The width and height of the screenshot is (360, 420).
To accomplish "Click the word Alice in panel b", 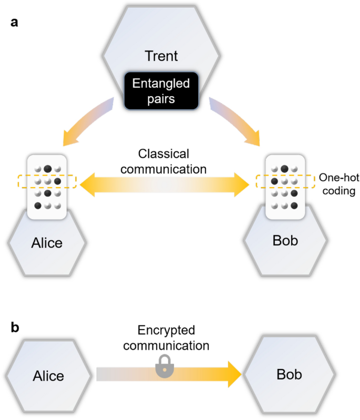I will (48, 375).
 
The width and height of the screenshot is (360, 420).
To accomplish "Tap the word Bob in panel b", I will (290, 374).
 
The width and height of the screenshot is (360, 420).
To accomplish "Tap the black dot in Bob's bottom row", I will (295, 205).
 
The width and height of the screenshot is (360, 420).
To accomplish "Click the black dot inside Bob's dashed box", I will (274, 181).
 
